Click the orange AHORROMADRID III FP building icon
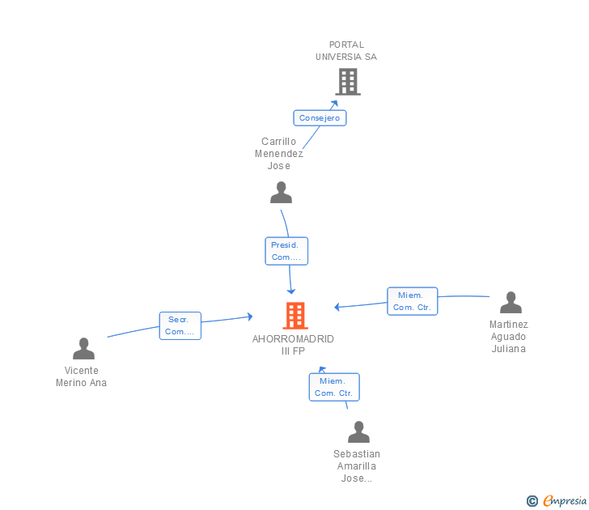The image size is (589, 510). coord(295,316)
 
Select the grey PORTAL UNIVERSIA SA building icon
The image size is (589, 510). coord(348,82)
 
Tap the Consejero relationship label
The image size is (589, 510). coord(320,118)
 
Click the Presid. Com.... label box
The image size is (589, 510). coord(286,251)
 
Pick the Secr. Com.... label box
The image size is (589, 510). coord(180,326)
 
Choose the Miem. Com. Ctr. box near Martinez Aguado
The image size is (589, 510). coord(413,301)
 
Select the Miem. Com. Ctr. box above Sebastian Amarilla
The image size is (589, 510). coord(334,387)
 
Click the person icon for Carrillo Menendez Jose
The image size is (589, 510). coord(281,193)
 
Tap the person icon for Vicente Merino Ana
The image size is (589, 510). coord(84,348)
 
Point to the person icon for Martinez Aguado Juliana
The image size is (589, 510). coord(511,302)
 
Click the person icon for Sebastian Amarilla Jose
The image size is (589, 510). coord(358,431)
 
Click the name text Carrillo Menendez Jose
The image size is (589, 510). coord(278,154)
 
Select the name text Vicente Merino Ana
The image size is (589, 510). coord(81,376)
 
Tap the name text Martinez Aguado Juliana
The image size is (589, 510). coord(509,337)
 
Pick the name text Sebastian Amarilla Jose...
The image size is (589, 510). coord(357,466)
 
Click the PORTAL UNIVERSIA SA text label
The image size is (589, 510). coord(346,51)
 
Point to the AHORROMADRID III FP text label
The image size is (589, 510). coord(293,345)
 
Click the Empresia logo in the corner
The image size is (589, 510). coord(557,500)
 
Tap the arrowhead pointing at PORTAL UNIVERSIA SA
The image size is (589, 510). coord(334,104)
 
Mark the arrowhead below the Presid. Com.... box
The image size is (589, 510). coord(291,291)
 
